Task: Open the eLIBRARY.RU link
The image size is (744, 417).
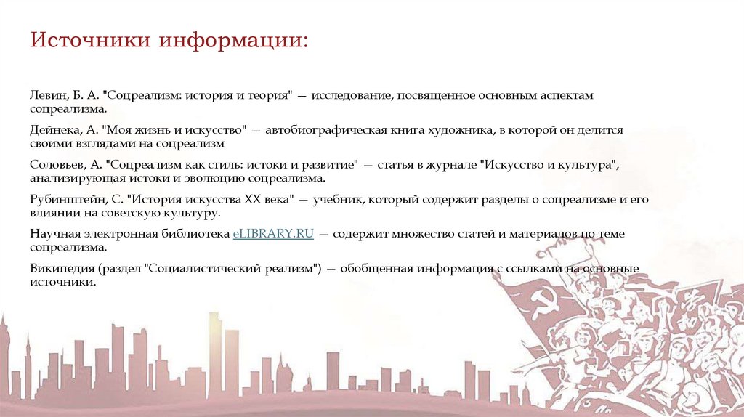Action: (x=272, y=233)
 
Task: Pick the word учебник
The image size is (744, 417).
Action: (x=335, y=199)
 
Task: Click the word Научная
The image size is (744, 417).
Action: (x=52, y=233)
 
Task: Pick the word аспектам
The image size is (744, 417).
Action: (x=567, y=97)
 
